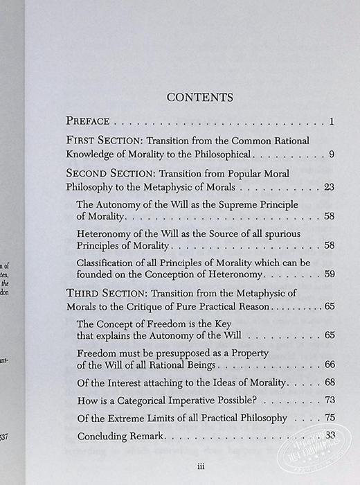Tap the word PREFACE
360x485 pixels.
click(x=93, y=123)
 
